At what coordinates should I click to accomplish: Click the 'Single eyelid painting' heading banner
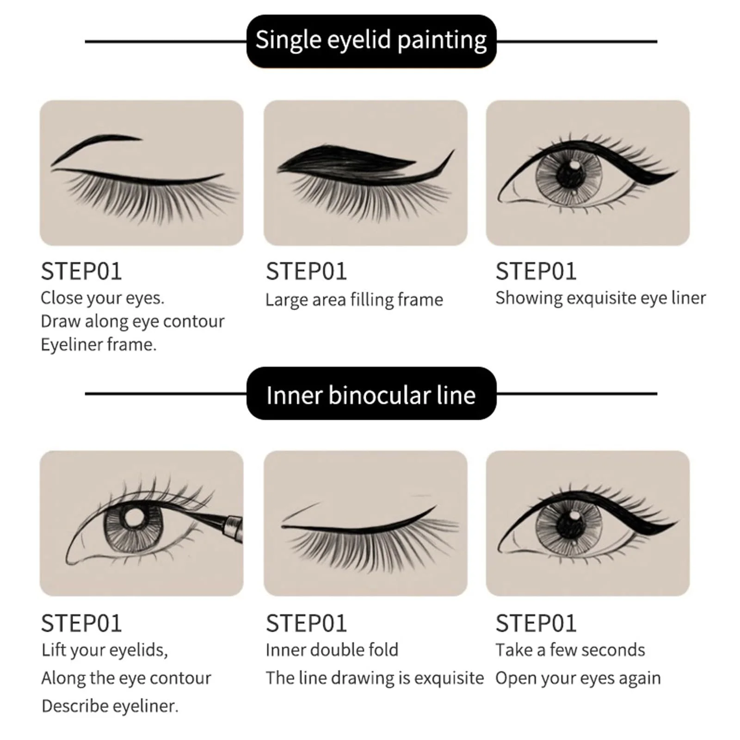tap(371, 41)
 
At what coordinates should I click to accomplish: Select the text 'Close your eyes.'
tap(102, 298)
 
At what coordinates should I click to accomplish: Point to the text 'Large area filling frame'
tap(354, 300)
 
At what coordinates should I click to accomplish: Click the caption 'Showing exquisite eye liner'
tap(601, 298)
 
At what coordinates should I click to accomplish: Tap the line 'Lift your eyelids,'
tap(105, 650)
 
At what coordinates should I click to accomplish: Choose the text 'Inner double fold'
tap(332, 650)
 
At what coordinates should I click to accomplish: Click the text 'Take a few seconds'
tap(570, 650)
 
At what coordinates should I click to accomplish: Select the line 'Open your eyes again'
tap(578, 678)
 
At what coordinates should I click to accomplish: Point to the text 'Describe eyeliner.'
tap(110, 706)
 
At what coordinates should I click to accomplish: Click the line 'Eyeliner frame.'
tap(99, 345)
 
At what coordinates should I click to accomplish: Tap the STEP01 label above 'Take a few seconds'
tap(536, 623)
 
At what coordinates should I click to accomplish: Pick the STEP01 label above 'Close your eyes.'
tap(81, 271)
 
